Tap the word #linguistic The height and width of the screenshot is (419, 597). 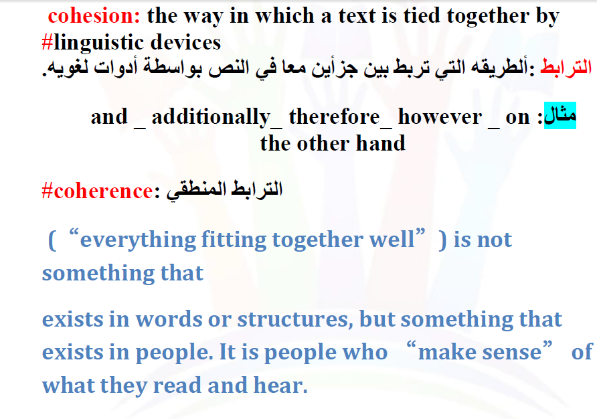tap(92, 42)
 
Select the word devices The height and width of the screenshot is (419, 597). tap(186, 42)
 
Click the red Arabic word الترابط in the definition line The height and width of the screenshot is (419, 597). tap(566, 68)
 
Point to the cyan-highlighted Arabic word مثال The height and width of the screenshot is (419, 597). tap(560, 115)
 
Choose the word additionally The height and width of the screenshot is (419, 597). tap(211, 116)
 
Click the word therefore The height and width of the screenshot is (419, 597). tap(335, 116)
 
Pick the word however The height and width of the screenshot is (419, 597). tap(440, 116)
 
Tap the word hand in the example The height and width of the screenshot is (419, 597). tap(380, 144)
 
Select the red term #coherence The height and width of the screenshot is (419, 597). tap(98, 191)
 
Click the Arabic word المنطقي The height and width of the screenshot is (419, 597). tap(194, 189)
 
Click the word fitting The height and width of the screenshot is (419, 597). tap(234, 240)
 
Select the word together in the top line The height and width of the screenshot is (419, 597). tap(488, 17)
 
